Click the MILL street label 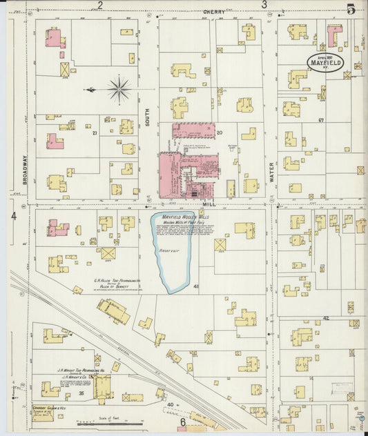click(x=209, y=205)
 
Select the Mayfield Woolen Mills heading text click(x=185, y=217)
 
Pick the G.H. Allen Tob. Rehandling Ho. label click(x=118, y=281)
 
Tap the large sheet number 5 click(x=351, y=9)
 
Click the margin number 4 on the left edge click(x=13, y=216)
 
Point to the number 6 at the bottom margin click(x=183, y=422)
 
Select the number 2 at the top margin click(x=100, y=6)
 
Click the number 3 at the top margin click(x=264, y=6)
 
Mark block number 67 click(x=321, y=121)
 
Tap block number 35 click(x=81, y=393)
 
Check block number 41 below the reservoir click(x=196, y=286)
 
